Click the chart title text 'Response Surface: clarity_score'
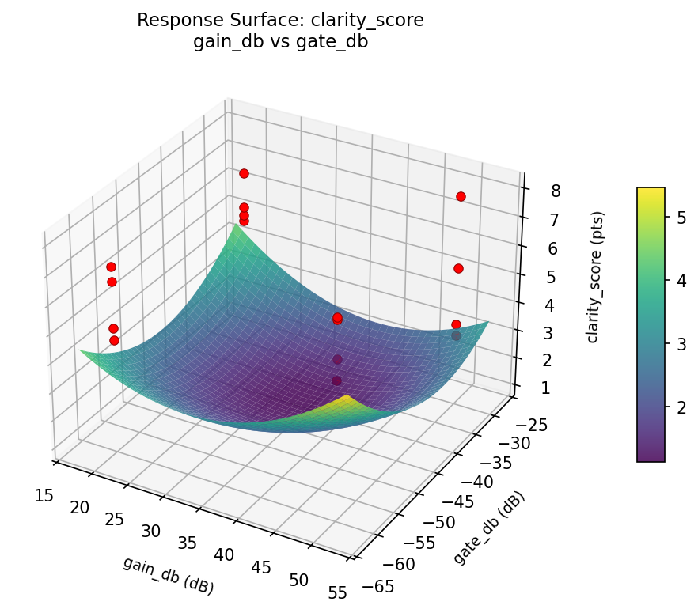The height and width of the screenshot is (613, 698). click(280, 21)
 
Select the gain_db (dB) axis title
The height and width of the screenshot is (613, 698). click(168, 575)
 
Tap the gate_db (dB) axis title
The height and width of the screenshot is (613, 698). click(489, 528)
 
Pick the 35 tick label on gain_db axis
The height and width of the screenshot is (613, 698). click(188, 544)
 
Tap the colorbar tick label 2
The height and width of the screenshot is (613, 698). click(681, 407)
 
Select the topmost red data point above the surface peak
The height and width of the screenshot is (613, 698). click(244, 173)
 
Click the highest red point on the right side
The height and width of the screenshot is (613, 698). click(461, 196)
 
